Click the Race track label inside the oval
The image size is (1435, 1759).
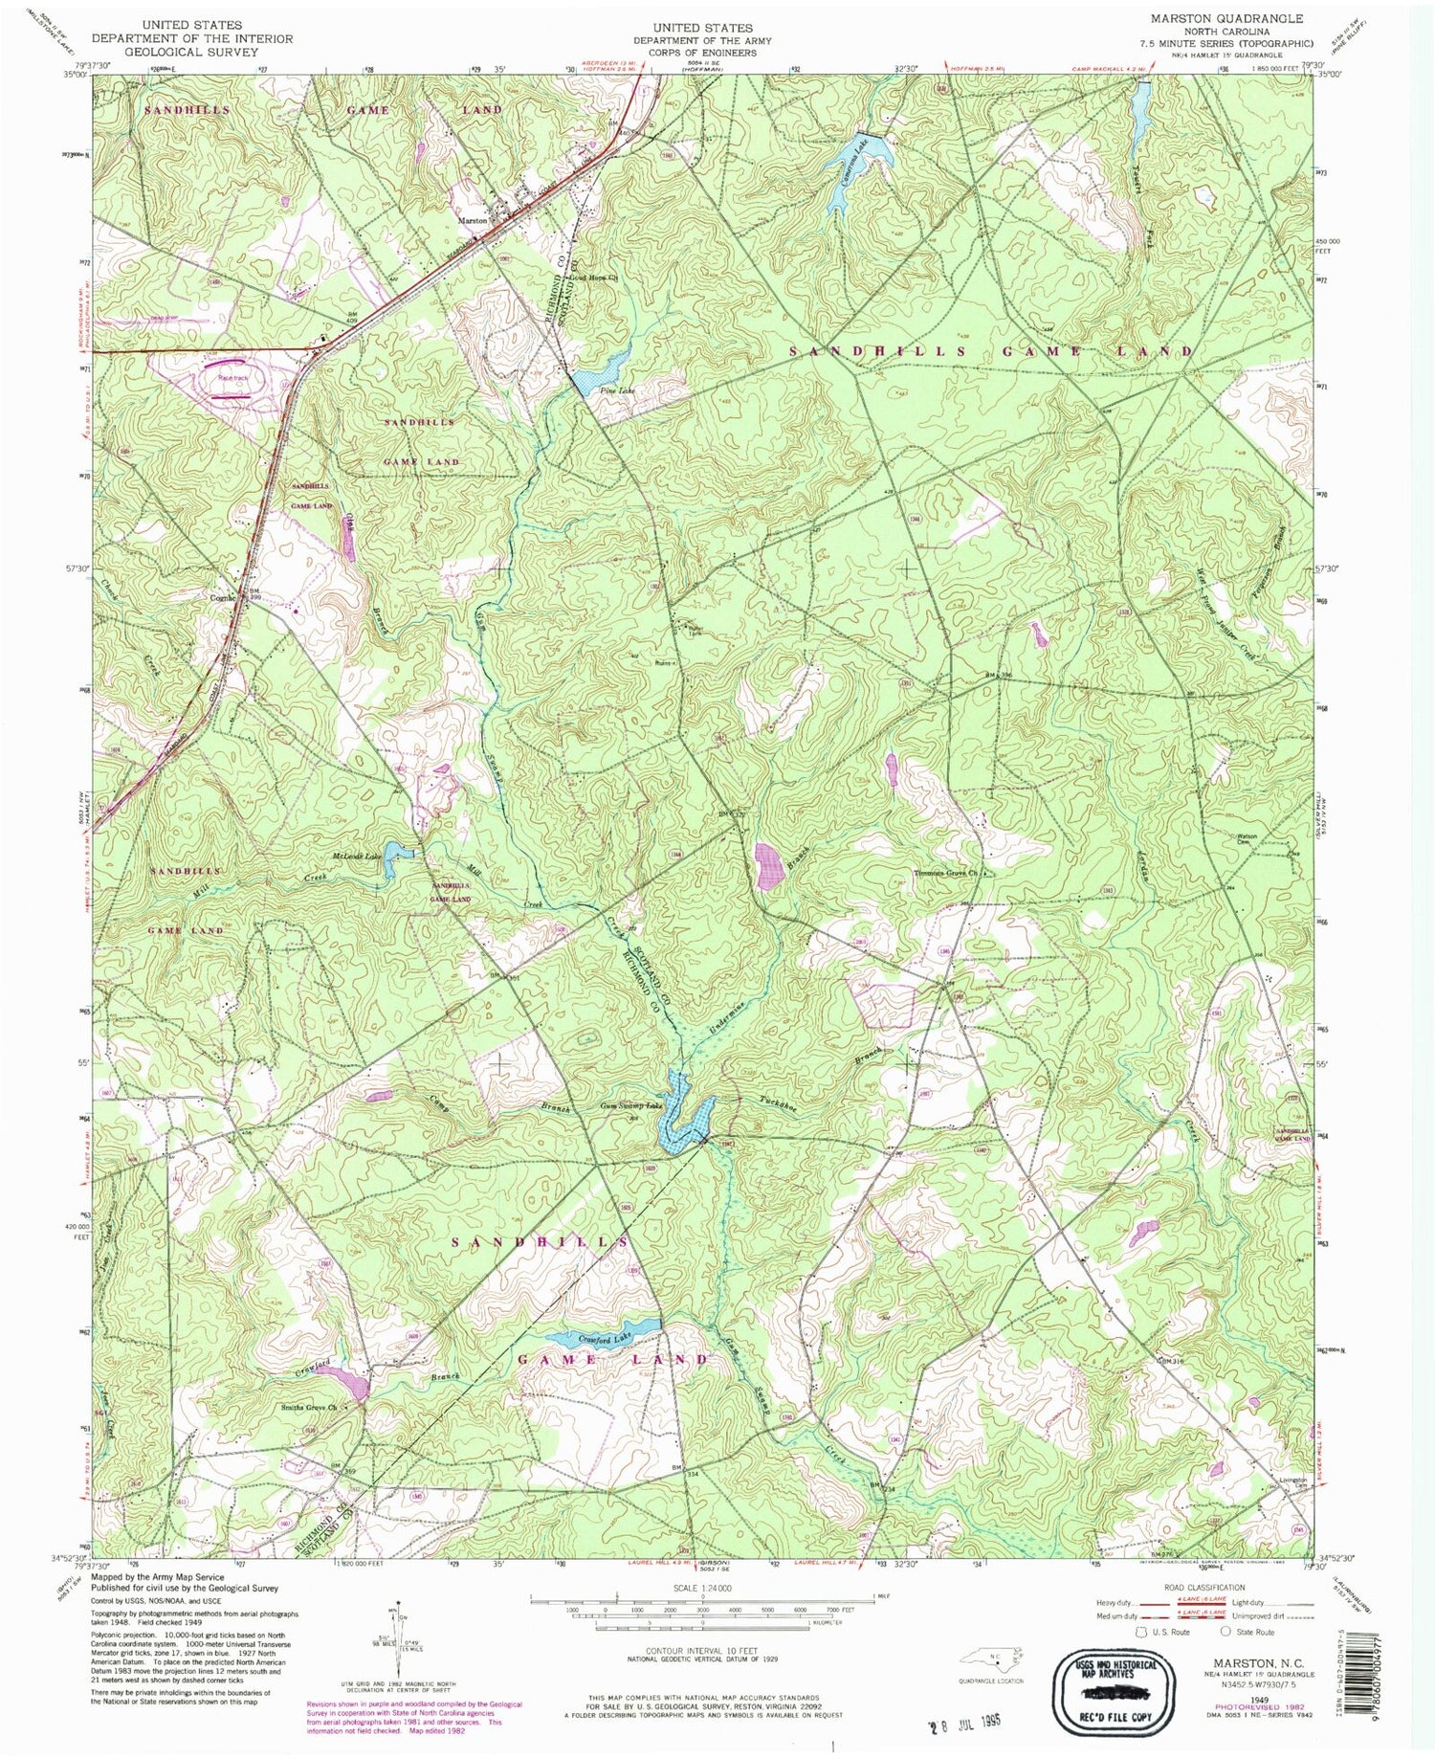pyautogui.click(x=232, y=378)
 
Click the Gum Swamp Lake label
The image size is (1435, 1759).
pyautogui.click(x=630, y=1105)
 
